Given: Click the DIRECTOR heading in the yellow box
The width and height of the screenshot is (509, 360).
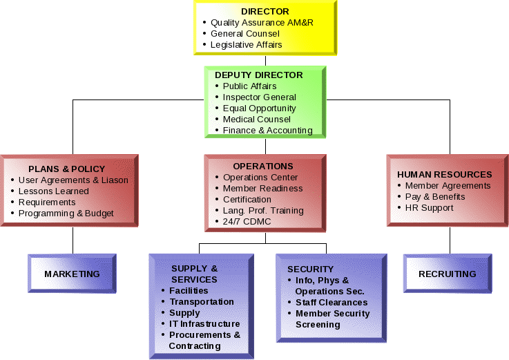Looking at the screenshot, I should tap(265, 12).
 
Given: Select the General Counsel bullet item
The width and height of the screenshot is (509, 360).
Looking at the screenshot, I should tap(244, 34).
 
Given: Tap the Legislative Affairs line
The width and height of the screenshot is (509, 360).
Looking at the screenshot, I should tap(246, 45).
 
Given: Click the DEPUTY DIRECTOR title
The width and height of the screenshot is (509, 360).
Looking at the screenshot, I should tap(258, 75).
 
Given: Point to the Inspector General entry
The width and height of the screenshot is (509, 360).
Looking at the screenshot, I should tap(259, 97).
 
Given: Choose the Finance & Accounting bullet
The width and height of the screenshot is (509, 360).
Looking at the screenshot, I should tap(267, 131).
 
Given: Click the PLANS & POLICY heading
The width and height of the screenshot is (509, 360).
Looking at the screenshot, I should tap(67, 169).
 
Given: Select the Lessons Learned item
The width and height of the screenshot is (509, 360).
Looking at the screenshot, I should tap(54, 191).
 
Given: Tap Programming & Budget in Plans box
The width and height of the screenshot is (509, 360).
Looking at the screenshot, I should tap(66, 214).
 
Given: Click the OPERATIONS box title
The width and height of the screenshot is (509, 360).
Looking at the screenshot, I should tap(263, 167).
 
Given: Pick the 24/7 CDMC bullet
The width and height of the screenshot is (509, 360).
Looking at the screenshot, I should tap(247, 222).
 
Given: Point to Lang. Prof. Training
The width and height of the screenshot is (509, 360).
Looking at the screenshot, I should tap(263, 211).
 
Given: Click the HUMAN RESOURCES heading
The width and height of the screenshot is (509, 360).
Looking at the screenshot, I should tap(445, 175).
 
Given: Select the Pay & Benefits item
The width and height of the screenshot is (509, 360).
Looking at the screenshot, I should tap(434, 197).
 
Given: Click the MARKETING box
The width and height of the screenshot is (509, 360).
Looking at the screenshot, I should tap(72, 274).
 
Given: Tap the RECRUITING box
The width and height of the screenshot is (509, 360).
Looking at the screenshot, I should tap(448, 274).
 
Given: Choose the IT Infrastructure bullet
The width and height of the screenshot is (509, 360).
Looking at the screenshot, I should tap(204, 324).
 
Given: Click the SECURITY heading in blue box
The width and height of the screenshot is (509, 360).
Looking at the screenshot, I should tap(310, 269).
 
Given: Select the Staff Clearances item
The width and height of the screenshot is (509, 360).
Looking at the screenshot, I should tap(332, 303).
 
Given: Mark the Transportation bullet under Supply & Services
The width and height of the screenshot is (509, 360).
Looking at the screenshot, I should tap(202, 302).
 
